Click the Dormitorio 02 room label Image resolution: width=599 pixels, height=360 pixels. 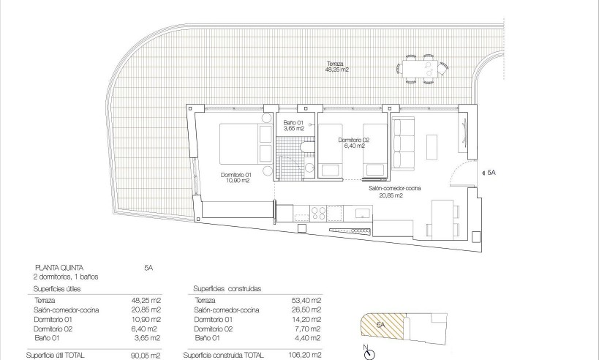tap(354, 143)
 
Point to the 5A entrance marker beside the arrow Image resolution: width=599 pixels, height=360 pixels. tap(491, 173)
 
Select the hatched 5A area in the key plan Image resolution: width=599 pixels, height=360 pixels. tap(380, 326)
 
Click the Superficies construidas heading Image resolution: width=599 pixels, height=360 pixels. tap(227, 288)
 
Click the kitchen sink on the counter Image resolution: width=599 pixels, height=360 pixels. tap(361, 213)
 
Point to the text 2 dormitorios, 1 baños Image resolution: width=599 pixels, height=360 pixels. tap(67, 277)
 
